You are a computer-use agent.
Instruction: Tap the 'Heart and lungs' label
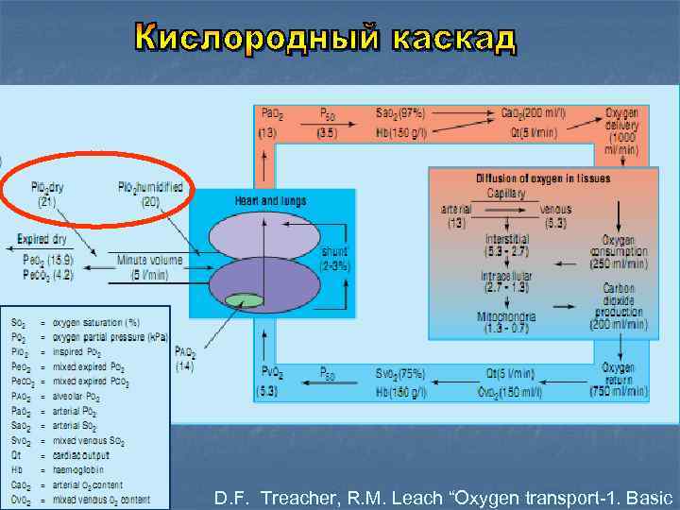click(270, 200)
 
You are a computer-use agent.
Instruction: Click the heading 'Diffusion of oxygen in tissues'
click(542, 178)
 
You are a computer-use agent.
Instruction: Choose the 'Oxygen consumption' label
click(618, 246)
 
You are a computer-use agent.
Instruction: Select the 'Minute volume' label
click(151, 259)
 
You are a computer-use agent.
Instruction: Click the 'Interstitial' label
click(507, 240)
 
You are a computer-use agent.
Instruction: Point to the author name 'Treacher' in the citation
click(295, 497)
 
